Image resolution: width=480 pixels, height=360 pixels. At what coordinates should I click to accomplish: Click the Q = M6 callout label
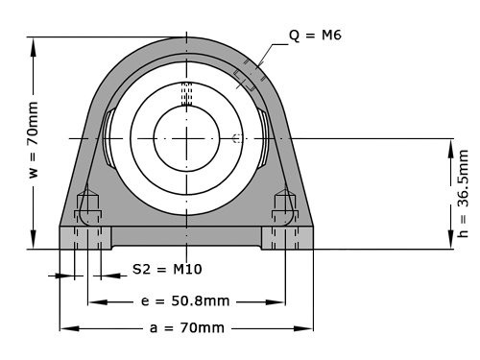(x=315, y=36)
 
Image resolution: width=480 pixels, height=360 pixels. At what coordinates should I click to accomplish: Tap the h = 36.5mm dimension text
(x=464, y=192)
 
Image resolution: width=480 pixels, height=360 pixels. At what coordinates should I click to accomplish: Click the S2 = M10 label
(x=166, y=269)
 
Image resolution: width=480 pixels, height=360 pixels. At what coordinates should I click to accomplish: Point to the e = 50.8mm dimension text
(x=185, y=300)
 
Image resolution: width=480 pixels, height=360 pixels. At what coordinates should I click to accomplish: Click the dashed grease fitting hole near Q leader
(x=246, y=77)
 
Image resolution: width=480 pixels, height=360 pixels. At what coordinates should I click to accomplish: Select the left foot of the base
(x=85, y=237)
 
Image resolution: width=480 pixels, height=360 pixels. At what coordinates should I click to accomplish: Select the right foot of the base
(x=287, y=237)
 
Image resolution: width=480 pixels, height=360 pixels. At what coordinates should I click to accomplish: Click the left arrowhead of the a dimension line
(x=64, y=327)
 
